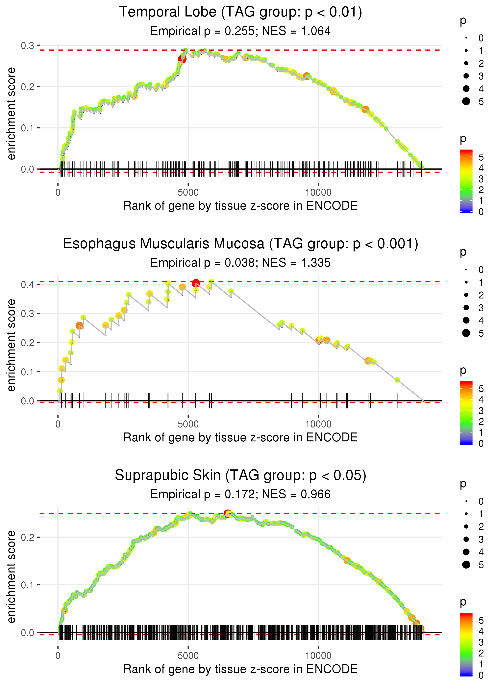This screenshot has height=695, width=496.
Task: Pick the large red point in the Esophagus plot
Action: [196, 283]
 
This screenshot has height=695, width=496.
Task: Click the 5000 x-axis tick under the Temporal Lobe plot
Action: [188, 193]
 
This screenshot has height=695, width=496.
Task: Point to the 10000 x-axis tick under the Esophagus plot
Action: [318, 424]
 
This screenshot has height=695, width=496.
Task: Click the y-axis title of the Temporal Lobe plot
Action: [11, 114]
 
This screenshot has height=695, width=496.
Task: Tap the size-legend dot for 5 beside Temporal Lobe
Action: [466, 101]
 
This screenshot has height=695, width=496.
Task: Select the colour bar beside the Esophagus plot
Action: [466, 413]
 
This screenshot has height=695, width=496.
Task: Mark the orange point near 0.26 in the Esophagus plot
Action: [79, 325]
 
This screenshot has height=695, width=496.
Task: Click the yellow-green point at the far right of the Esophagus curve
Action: [397, 380]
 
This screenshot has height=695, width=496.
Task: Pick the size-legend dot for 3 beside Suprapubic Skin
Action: [466, 539]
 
